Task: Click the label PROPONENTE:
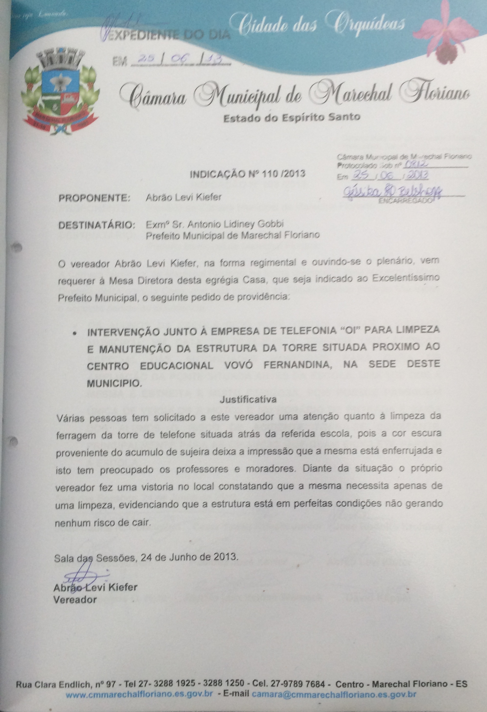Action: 94,198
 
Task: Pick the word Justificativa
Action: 248,400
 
